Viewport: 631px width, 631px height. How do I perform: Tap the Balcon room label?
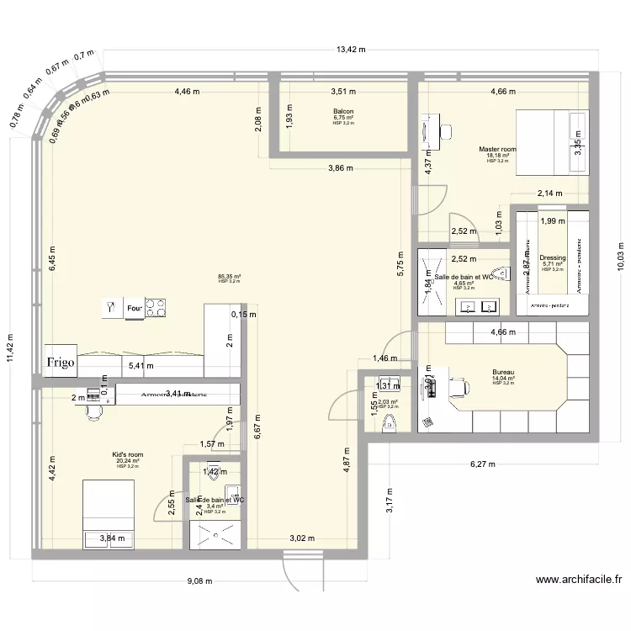pos(343,112)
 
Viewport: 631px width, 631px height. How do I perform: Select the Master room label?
pos(497,149)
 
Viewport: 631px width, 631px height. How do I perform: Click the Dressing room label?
pos(553,258)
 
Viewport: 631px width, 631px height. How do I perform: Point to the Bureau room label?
pos(503,372)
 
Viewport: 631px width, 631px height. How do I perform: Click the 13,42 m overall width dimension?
pos(351,50)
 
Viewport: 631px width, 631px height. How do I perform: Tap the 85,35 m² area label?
pos(229,276)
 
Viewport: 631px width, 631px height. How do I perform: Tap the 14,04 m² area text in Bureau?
pos(503,379)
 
